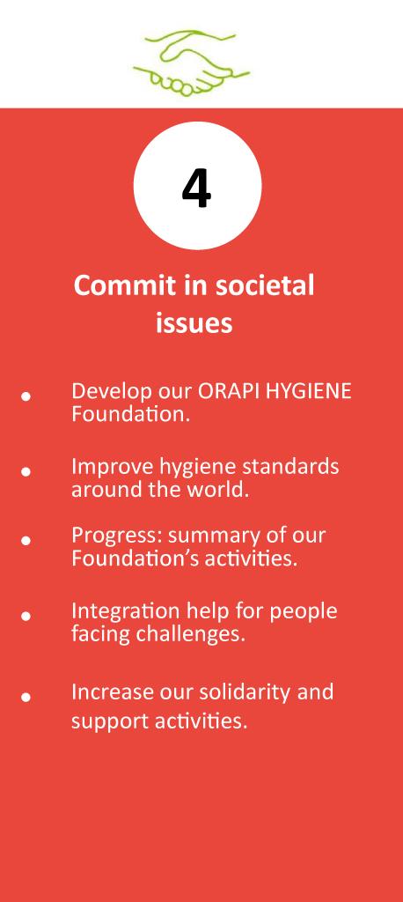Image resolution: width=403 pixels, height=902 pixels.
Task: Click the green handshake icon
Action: (x=192, y=63)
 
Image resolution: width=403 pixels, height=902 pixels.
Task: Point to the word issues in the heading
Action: (x=194, y=322)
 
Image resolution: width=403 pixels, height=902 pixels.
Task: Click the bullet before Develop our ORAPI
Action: (x=26, y=396)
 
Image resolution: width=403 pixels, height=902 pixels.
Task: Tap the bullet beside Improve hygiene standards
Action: (x=26, y=472)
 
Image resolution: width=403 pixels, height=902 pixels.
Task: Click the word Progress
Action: (x=117, y=536)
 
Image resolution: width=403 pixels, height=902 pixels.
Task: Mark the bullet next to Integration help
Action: (x=26, y=616)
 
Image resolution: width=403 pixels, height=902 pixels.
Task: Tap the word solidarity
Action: (x=245, y=692)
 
